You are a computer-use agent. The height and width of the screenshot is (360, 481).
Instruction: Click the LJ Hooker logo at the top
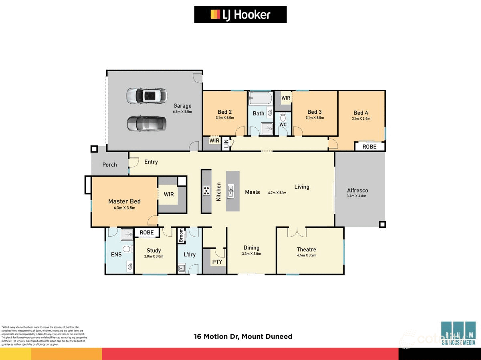pos(240,15)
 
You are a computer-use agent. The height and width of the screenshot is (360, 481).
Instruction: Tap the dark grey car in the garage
pos(146,124)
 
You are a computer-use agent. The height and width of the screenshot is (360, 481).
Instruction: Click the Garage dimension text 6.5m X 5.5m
pos(182,112)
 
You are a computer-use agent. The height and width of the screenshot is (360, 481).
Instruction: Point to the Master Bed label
pos(124,201)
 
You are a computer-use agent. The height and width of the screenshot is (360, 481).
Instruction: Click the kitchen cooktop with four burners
pos(206,191)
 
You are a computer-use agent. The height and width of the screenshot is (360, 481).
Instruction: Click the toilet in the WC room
pos(283,117)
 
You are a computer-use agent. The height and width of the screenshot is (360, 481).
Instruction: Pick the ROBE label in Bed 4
pos(369,147)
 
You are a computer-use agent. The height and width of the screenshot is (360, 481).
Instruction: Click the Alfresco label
pos(357,191)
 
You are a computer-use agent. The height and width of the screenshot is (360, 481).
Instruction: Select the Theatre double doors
pos(297,232)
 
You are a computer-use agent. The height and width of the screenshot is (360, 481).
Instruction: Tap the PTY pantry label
pos(217,262)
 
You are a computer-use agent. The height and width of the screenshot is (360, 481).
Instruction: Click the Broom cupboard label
pos(181,235)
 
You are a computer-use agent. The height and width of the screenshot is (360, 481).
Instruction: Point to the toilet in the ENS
pos(127,249)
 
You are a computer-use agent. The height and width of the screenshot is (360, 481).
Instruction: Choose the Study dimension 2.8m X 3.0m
pos(154,256)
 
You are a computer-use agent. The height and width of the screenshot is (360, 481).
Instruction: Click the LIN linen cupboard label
pos(226,143)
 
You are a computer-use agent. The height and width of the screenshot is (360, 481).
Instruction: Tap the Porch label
pos(109,165)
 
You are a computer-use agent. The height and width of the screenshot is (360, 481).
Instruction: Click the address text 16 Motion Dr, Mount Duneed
pos(243,336)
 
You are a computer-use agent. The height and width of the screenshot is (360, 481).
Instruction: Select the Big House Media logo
pos(458,333)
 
